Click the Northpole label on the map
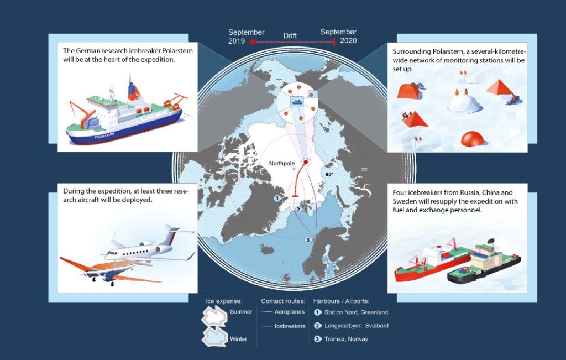tap(281, 164)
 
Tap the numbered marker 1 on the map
tap(277, 198)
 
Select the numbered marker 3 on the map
tap(308, 239)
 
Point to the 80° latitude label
tap(329, 174)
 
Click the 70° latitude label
tap(365, 169)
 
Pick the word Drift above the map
tap(290, 35)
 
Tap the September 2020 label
tap(339, 36)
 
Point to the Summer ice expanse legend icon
tap(214, 316)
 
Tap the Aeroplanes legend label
tap(290, 312)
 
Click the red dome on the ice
tap(472, 139)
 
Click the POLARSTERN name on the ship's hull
tap(104, 136)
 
